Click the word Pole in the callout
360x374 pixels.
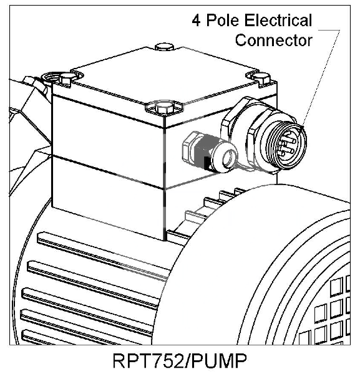coord(223,20)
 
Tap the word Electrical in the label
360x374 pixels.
coord(278,20)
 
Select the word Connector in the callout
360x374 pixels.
coord(273,40)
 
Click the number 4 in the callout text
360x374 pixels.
coord(197,21)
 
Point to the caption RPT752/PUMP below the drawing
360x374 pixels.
coord(180,361)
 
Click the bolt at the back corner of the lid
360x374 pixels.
coord(165,47)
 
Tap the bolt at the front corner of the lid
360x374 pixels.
coord(163,107)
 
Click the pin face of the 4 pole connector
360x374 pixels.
coord(288,146)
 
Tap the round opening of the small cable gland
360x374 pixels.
coord(229,158)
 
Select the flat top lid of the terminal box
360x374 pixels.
coord(165,76)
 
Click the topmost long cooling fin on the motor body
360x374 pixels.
coord(103,255)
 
